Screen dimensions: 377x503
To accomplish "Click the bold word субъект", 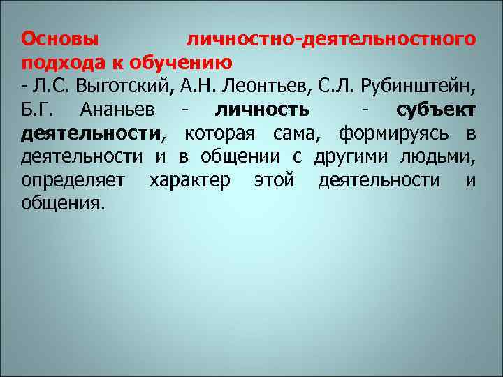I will click(x=436, y=110).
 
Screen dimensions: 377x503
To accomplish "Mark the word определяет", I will click(x=73, y=181).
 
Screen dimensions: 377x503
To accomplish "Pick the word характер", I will click(x=189, y=181).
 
